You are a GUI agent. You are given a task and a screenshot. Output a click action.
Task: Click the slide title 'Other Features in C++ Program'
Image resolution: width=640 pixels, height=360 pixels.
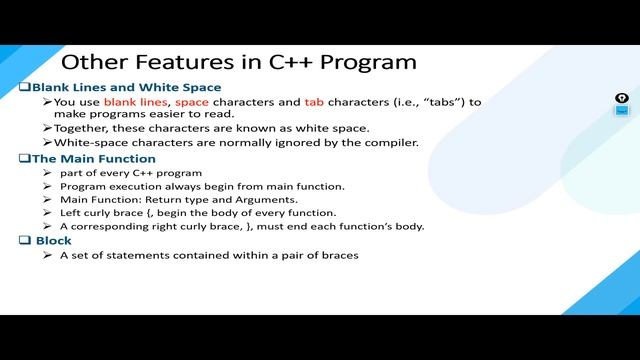[x=239, y=62]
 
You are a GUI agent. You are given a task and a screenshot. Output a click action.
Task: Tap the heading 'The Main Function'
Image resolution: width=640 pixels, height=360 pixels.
[x=94, y=158]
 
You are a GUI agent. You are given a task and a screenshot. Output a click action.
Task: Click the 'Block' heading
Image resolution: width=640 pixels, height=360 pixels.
[x=54, y=241]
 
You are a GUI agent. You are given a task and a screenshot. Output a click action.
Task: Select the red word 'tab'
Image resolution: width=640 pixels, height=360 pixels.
[x=313, y=102]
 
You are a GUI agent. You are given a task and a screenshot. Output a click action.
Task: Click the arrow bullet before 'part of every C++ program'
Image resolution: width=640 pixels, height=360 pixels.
[x=47, y=173]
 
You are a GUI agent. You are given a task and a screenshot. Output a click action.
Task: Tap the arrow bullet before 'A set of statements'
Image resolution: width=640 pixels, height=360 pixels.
[x=47, y=256]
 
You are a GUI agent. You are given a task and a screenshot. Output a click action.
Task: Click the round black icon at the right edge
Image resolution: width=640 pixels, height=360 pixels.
[x=621, y=98]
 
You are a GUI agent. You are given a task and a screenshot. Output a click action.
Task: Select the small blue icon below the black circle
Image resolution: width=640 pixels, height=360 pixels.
[x=621, y=111]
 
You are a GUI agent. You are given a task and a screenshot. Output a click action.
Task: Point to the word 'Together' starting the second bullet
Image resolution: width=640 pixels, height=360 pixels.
[x=81, y=128]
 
